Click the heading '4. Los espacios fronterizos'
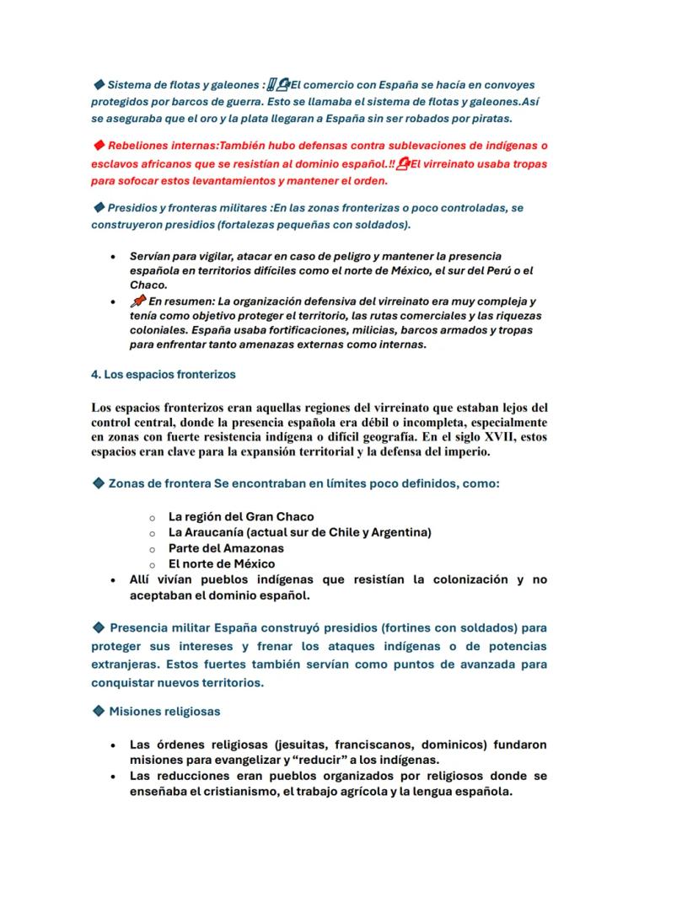point(163,373)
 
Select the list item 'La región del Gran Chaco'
point(241,516)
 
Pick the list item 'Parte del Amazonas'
point(226,548)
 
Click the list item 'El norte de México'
point(222,563)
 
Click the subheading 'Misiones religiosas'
point(164,712)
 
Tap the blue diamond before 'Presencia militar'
point(98,627)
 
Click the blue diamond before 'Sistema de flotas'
point(98,84)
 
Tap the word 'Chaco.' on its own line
point(148,285)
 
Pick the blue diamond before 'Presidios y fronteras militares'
point(98,207)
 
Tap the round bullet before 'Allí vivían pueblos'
point(112,580)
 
